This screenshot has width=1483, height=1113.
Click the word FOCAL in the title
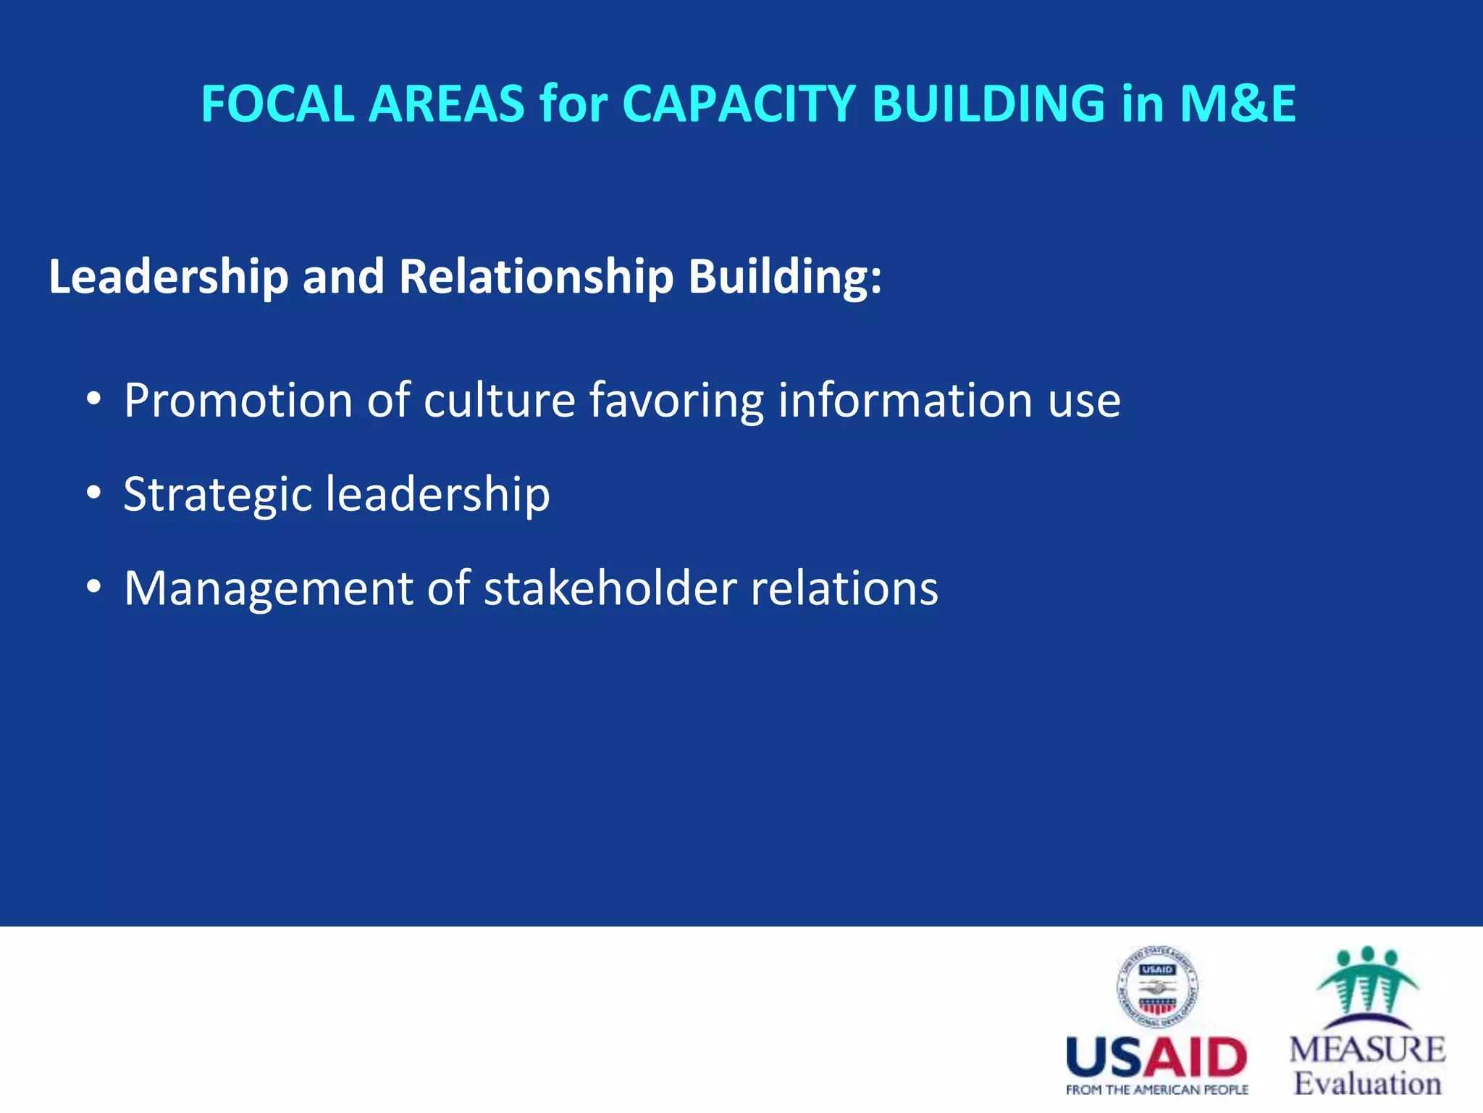(x=278, y=104)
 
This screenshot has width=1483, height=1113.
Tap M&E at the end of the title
(x=1238, y=104)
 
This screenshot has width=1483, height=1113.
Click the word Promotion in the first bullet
(x=238, y=400)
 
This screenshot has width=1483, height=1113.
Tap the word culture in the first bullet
(x=499, y=400)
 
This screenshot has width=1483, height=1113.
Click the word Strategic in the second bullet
(x=217, y=494)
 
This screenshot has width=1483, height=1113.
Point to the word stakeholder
(x=610, y=588)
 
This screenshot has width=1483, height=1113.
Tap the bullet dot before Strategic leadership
(x=93, y=493)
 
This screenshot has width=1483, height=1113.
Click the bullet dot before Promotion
(x=93, y=400)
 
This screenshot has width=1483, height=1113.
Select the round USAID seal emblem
(x=1157, y=988)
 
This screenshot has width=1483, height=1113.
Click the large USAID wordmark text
(x=1156, y=1058)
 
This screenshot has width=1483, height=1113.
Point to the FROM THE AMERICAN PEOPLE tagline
(x=1156, y=1090)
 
